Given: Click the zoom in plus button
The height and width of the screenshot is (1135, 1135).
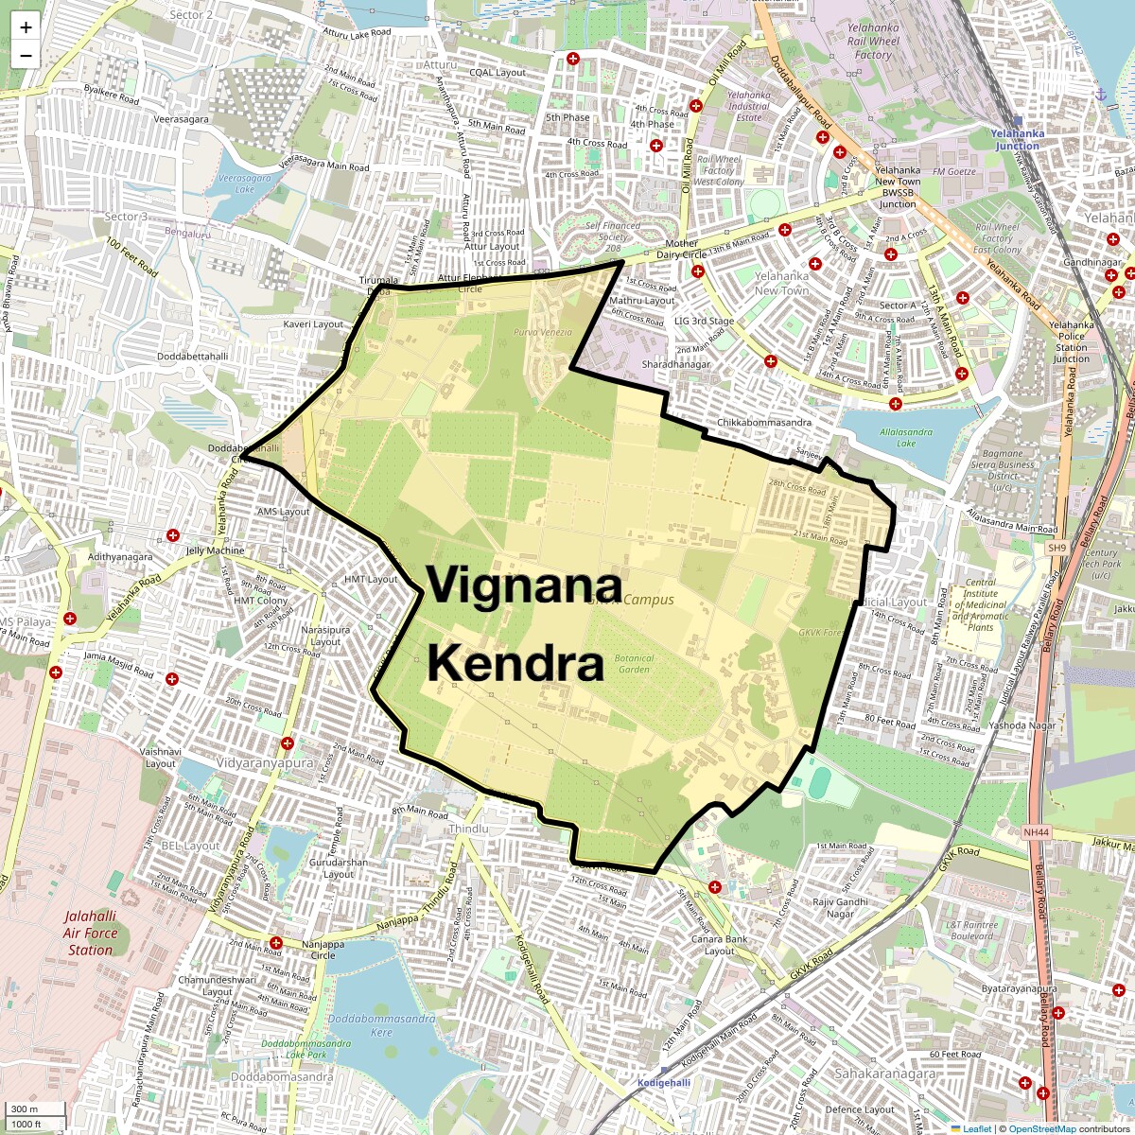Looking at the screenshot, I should pyautogui.click(x=26, y=27).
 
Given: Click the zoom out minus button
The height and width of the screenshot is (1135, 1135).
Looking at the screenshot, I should pyautogui.click(x=26, y=55).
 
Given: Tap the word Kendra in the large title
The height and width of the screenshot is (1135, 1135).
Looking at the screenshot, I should pyautogui.click(x=515, y=665).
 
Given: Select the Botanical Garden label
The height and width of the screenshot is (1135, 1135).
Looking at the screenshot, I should pyautogui.click(x=635, y=663).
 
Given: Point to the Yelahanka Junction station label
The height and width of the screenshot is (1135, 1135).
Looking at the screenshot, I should pyautogui.click(x=1017, y=139).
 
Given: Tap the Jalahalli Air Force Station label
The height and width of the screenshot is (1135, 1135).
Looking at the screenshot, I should pyautogui.click(x=91, y=933).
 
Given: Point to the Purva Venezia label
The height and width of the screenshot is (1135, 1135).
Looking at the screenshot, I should pyautogui.click(x=543, y=332).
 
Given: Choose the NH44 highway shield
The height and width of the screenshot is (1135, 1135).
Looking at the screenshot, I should pyautogui.click(x=1037, y=831).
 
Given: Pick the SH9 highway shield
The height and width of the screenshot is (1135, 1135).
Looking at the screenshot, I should pyautogui.click(x=1056, y=548).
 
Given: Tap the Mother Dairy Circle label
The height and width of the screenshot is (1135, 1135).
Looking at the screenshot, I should pyautogui.click(x=680, y=250).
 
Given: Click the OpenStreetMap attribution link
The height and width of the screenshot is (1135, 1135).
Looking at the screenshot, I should pyautogui.click(x=1041, y=1128).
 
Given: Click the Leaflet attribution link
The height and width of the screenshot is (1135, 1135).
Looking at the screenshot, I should pyautogui.click(x=976, y=1128).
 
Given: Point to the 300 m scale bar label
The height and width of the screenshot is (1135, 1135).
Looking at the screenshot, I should pyautogui.click(x=25, y=1109).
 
